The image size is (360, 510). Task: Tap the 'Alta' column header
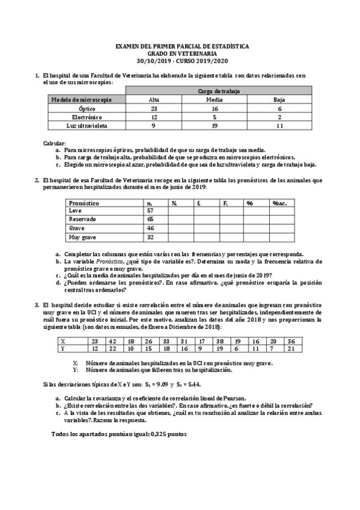(x=154, y=99)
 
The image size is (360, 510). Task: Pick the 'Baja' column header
(x=279, y=99)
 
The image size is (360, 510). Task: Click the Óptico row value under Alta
(x=154, y=108)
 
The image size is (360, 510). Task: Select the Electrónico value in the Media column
(x=215, y=117)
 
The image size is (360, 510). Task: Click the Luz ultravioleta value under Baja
(x=279, y=126)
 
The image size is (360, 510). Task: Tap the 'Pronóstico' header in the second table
(x=84, y=203)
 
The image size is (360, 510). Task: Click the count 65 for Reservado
(x=150, y=220)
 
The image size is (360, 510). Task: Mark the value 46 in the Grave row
(x=150, y=229)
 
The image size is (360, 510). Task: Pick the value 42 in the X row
(x=112, y=340)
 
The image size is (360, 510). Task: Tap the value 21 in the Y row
(x=291, y=348)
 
